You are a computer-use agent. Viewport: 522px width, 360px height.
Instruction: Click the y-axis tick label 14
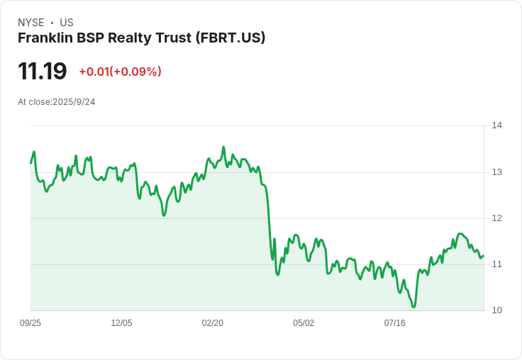click(496, 126)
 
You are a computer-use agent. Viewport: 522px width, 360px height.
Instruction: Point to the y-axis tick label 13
click(496, 172)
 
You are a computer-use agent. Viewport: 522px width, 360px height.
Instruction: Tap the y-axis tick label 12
click(496, 218)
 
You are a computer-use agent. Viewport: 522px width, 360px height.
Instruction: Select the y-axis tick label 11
click(496, 264)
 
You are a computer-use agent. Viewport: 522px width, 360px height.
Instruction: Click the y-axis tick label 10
click(496, 310)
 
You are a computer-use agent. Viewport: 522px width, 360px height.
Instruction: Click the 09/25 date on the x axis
click(30, 323)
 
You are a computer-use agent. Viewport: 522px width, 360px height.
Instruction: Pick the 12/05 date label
click(121, 323)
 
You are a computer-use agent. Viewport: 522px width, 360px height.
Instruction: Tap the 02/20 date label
click(213, 323)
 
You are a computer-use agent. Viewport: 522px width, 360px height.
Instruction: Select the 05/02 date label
click(304, 323)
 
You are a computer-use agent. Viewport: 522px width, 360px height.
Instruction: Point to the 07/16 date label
click(394, 323)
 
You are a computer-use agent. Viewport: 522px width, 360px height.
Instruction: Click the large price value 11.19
click(43, 72)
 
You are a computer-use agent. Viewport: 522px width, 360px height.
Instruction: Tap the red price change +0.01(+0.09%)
click(120, 72)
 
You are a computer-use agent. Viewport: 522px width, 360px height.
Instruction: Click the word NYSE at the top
click(32, 23)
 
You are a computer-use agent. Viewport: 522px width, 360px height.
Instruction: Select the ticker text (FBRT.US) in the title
click(231, 38)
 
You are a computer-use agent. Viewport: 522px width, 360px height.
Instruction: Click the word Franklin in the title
click(43, 38)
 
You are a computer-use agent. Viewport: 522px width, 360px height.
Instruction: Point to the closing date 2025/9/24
click(74, 102)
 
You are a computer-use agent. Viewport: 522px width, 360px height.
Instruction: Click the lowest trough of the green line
click(413, 307)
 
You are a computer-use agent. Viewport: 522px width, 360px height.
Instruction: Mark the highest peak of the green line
click(223, 147)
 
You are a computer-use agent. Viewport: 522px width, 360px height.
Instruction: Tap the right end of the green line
click(484, 257)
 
